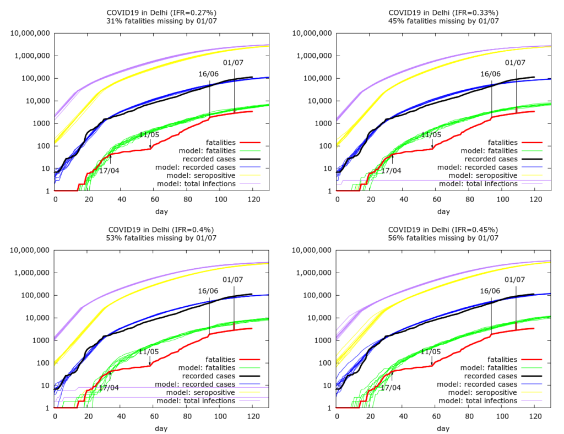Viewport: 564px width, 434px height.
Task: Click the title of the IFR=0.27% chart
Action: [x=162, y=13]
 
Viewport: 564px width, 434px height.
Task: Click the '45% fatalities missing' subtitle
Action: [x=443, y=21]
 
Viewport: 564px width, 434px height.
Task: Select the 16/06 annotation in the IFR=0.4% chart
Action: [x=208, y=290]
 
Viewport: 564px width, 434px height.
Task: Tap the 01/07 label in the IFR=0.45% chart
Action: [x=516, y=279]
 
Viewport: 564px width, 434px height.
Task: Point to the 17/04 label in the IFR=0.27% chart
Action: [x=109, y=170]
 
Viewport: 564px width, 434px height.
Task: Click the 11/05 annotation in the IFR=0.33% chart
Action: [x=431, y=134]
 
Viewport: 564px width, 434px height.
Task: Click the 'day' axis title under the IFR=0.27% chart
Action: [x=161, y=211]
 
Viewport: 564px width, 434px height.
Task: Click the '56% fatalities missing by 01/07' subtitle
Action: [x=443, y=238]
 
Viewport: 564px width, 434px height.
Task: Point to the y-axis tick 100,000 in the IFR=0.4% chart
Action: [x=34, y=295]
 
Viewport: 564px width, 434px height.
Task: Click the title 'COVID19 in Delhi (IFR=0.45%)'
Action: [x=443, y=230]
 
